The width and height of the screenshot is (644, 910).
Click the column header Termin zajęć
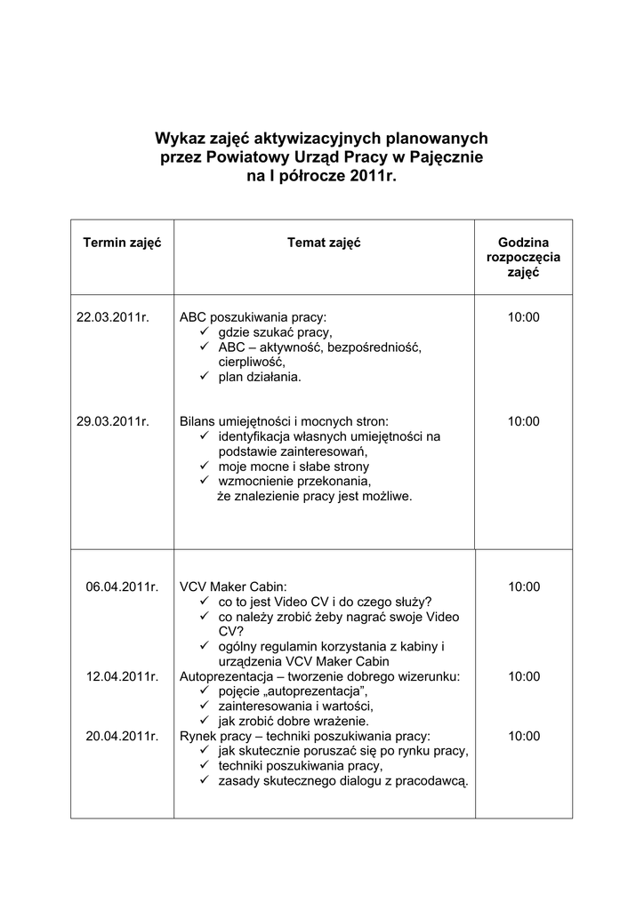tap(122, 243)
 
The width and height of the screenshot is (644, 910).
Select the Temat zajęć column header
tap(324, 243)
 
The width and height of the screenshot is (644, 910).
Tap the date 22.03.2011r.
tap(113, 316)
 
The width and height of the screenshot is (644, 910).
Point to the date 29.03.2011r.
tap(113, 421)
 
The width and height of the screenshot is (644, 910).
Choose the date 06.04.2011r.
tap(122, 587)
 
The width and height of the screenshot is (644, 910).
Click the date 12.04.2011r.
tap(122, 676)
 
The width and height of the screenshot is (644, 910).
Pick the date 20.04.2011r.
tap(122, 736)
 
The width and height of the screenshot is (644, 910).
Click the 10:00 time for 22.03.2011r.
tap(524, 316)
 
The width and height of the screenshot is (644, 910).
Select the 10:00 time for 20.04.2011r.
tap(524, 736)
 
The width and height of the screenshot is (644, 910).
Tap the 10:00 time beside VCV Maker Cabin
tap(524, 587)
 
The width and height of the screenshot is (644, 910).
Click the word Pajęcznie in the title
tap(446, 157)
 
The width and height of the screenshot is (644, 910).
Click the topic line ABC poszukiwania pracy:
tap(253, 316)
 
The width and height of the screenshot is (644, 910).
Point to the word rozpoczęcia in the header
tap(524, 258)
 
